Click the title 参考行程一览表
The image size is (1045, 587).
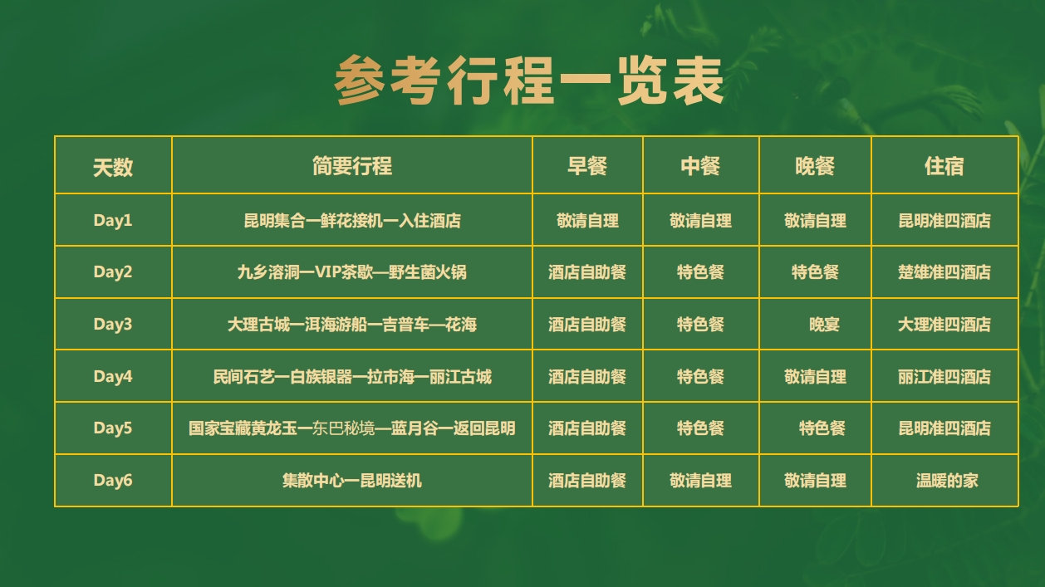click(528, 81)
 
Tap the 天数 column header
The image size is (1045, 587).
click(113, 167)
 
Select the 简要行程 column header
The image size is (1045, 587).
click(352, 166)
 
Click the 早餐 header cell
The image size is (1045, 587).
click(587, 166)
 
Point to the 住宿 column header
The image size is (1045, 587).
click(944, 166)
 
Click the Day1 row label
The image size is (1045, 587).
click(113, 220)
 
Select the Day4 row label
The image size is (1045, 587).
click(113, 376)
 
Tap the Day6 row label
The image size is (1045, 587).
click(113, 480)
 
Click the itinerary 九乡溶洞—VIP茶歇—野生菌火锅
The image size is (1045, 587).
click(352, 271)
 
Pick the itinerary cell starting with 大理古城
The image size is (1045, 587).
click(352, 325)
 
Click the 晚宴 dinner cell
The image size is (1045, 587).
click(824, 325)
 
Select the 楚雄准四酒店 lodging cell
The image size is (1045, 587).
click(944, 271)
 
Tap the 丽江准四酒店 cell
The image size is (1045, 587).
click(944, 377)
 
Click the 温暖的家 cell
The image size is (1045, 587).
click(947, 481)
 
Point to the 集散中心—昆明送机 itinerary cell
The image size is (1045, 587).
click(352, 481)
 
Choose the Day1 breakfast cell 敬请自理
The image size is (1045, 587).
click(587, 221)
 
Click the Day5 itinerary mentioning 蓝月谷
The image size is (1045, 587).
click(352, 428)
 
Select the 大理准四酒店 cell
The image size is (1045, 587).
click(944, 325)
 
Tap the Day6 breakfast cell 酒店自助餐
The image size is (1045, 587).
click(587, 481)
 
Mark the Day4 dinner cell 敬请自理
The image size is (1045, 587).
click(815, 377)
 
